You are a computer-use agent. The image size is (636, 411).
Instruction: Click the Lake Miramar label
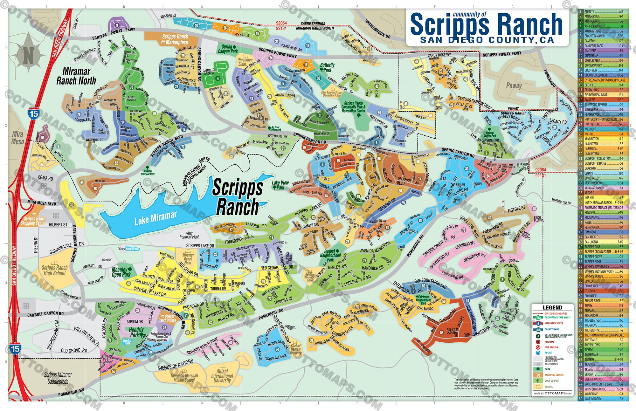(x=155, y=218)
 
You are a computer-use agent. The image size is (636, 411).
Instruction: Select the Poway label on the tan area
(x=514, y=86)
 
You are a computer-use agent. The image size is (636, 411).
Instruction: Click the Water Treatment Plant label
(x=189, y=235)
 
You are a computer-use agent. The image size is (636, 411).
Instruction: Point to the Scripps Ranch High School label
(x=54, y=270)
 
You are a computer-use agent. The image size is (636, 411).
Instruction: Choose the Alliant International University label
(x=222, y=376)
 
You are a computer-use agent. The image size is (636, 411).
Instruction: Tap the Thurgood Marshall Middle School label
(x=184, y=378)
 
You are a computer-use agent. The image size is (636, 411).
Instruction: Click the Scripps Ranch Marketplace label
(x=175, y=39)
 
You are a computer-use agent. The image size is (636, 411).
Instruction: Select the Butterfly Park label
(x=327, y=67)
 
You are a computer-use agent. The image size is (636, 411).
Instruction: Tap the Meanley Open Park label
(x=121, y=272)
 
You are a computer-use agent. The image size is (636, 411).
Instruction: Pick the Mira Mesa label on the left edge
(x=17, y=138)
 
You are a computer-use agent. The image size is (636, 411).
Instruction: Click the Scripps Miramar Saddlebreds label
(x=58, y=378)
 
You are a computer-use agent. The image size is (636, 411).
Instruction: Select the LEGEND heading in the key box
(x=552, y=307)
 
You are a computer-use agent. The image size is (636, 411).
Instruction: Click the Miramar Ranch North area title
(x=76, y=76)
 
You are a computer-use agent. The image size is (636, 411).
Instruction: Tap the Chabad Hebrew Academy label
(x=295, y=349)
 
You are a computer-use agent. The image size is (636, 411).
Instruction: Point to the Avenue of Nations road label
(x=175, y=365)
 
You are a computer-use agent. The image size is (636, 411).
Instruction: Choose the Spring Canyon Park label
(x=227, y=49)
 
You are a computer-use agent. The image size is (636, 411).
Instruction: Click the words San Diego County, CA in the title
(x=487, y=40)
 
